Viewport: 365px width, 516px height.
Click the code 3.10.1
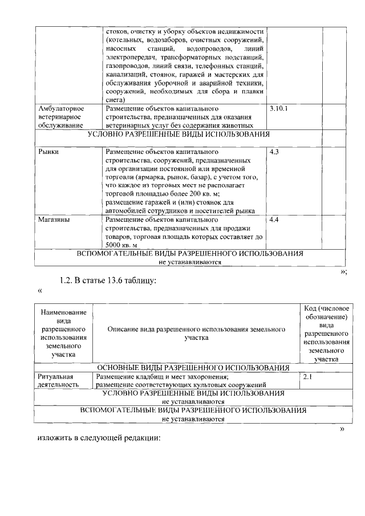tap(279, 108)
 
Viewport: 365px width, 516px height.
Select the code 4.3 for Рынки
tap(274, 152)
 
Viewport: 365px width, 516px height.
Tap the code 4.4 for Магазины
tap(274, 220)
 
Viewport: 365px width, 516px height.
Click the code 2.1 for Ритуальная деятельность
tap(307, 377)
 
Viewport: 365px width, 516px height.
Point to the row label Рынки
tap(48, 152)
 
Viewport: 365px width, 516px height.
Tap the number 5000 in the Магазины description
tap(116, 245)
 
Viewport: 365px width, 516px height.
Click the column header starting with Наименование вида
tap(64, 334)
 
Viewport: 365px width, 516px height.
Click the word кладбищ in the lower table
tap(148, 377)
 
